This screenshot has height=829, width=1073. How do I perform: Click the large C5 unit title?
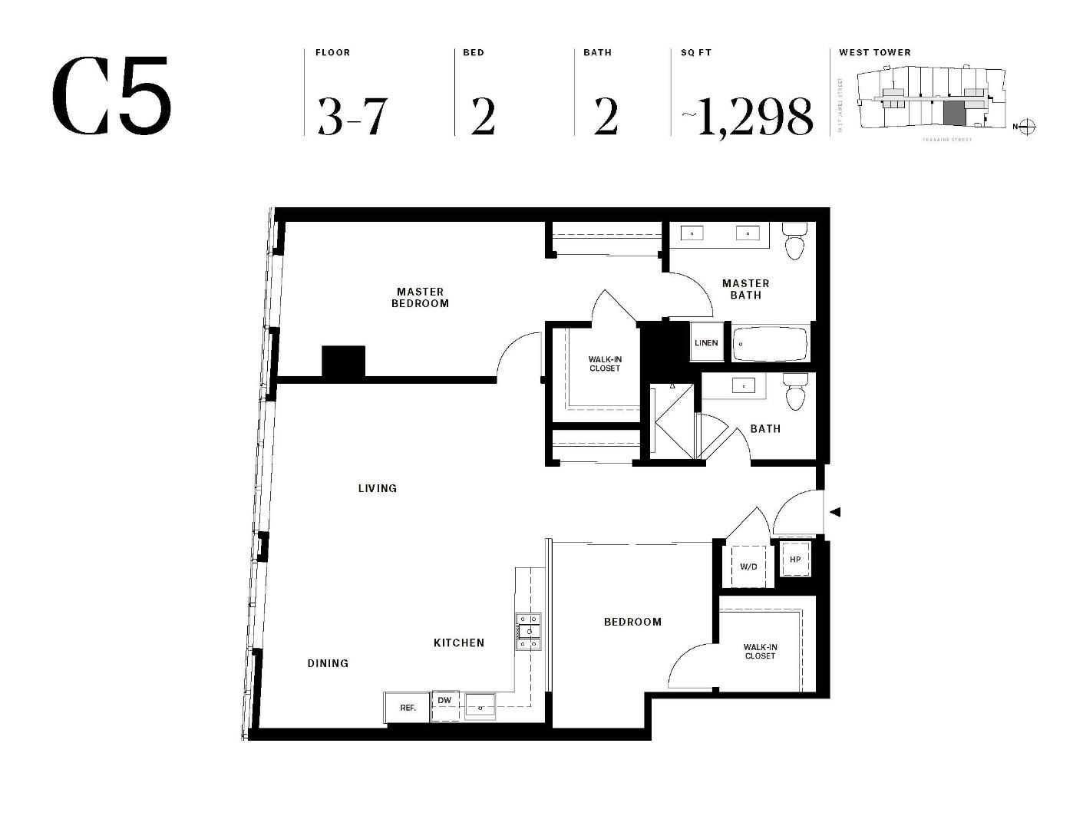112,97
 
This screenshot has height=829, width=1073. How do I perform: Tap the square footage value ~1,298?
747,117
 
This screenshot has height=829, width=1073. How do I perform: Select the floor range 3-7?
352,117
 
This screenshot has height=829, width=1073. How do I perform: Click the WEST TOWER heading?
874,52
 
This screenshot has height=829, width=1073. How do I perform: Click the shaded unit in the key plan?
953,114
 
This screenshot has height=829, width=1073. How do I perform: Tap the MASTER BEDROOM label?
420,297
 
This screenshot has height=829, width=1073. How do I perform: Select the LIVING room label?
378,488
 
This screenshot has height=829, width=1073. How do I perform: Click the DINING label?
328,663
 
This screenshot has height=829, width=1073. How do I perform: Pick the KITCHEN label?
459,642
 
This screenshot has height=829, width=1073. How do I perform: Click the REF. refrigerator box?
408,708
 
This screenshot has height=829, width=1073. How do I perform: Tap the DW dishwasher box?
444,700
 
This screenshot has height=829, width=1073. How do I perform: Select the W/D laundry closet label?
748,567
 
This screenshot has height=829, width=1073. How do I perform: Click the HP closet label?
795,560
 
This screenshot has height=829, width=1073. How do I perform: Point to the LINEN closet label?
706,342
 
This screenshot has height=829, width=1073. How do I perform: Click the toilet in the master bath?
794,240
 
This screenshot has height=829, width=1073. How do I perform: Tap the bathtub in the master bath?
770,345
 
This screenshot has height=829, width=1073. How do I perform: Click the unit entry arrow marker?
836,512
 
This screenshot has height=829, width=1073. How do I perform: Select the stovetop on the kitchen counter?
528,631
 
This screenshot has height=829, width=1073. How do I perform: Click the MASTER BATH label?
745,289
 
